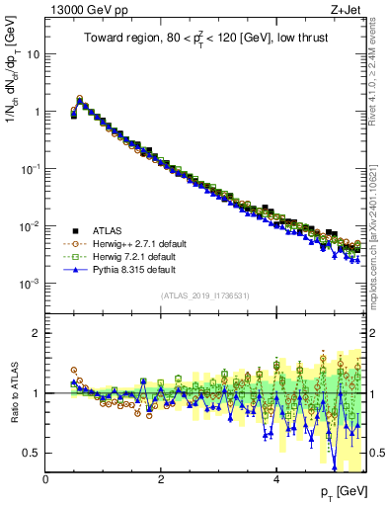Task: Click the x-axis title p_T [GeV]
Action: coord(343,492)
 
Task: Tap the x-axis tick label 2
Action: coord(161,479)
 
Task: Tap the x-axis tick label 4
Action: coord(276,479)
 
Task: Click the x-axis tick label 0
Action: coord(46,479)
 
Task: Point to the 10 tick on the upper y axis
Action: coord(33,53)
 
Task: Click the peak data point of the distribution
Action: coord(80,100)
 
